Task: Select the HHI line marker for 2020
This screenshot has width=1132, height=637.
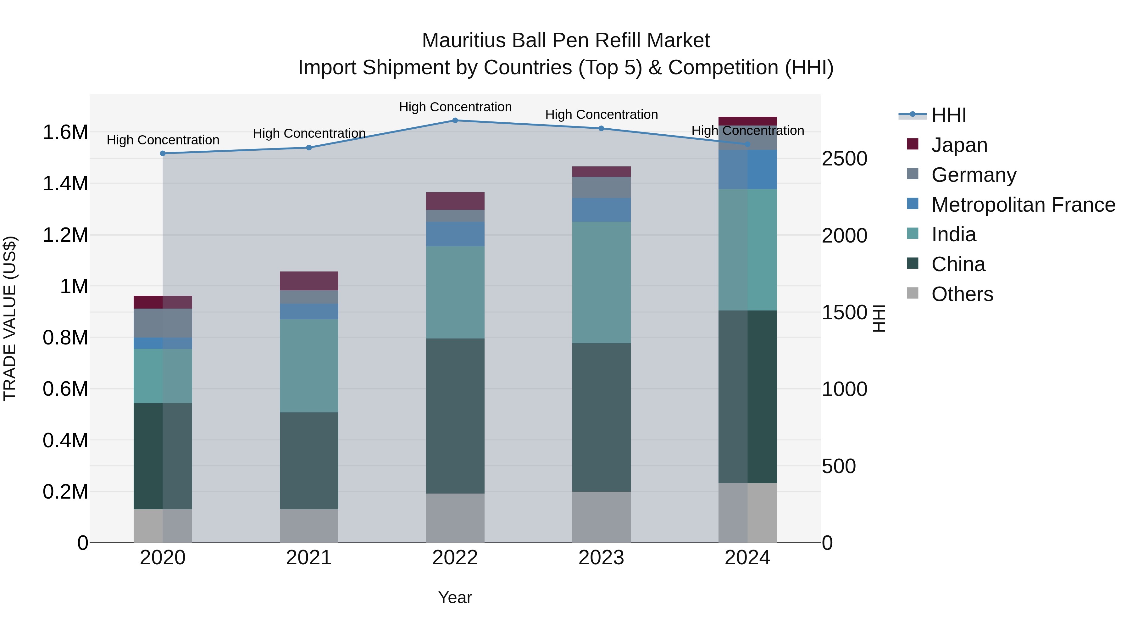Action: tap(163, 154)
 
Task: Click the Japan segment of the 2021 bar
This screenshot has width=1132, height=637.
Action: tap(309, 281)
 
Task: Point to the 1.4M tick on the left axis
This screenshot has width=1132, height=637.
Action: tap(65, 183)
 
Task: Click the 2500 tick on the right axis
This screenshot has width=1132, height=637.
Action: tap(844, 159)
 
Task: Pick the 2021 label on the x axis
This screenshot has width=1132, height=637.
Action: tap(309, 558)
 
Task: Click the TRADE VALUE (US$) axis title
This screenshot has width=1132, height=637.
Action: tap(10, 318)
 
